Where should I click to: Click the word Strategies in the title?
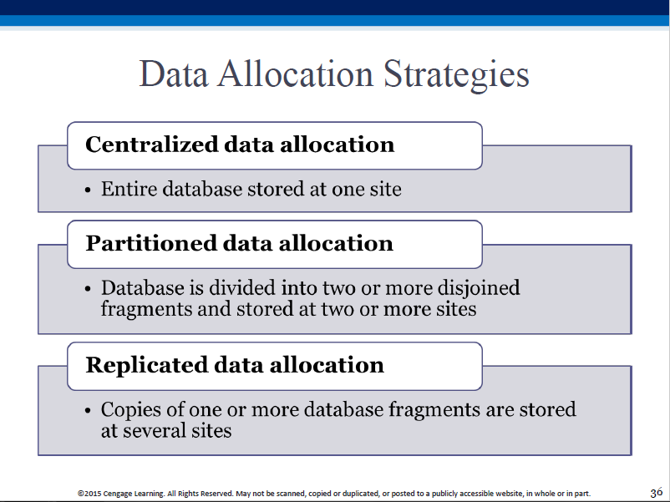(x=456, y=75)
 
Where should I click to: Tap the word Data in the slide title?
(x=174, y=74)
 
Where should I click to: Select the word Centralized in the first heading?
(x=152, y=144)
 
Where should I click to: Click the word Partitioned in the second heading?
(x=151, y=243)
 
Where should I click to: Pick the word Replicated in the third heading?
(x=146, y=365)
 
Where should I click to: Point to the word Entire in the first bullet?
(x=129, y=189)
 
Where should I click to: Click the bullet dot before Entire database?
(x=88, y=190)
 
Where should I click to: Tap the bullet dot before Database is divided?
(x=88, y=289)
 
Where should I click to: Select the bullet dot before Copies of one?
(x=88, y=411)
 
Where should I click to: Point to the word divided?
(x=242, y=287)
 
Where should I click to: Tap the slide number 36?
(x=657, y=493)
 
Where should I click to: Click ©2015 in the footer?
(x=89, y=494)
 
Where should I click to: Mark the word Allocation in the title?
(x=296, y=74)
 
